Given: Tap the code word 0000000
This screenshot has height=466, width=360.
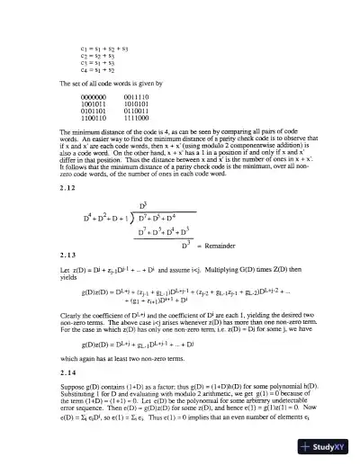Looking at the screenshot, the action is coord(94,95).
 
